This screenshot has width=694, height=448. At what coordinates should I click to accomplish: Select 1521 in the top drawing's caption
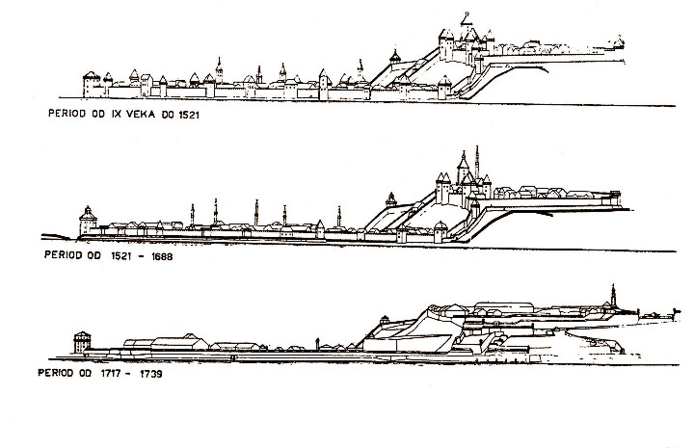click(x=190, y=115)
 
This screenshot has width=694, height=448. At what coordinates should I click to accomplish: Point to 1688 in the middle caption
click(x=161, y=256)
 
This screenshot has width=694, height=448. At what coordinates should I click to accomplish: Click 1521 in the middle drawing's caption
click(x=120, y=256)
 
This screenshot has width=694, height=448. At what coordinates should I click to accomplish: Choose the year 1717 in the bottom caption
click(x=112, y=373)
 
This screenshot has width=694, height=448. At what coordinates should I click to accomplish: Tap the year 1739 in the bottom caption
click(x=151, y=374)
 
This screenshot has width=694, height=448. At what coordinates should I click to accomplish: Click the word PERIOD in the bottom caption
click(x=55, y=373)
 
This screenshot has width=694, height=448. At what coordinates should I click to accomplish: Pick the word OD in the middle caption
click(x=94, y=255)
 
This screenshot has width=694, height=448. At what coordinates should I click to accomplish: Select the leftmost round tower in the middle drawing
click(x=88, y=221)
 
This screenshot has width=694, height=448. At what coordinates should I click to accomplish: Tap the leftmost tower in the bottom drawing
click(x=82, y=342)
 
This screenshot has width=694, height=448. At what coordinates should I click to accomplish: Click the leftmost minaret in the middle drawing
click(x=192, y=216)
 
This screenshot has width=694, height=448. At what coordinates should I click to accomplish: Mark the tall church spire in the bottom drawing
click(x=613, y=296)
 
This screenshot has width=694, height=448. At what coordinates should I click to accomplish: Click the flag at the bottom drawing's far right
click(x=676, y=311)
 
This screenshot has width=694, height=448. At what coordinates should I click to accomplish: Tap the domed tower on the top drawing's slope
click(x=395, y=58)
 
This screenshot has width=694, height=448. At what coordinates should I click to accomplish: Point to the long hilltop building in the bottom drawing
click(x=504, y=307)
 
